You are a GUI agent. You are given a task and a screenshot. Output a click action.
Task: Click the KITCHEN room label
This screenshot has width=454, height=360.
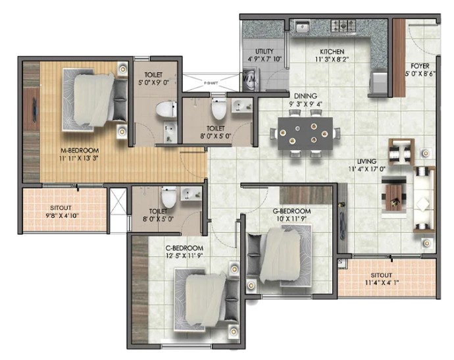332,52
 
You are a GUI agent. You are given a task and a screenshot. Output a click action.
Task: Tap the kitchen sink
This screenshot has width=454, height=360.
303,27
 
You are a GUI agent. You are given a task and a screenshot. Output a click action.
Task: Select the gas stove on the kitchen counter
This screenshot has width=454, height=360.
343,25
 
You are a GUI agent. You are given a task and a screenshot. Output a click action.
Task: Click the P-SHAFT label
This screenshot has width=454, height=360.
211,83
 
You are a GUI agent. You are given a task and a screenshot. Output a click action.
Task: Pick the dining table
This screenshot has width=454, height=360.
305,134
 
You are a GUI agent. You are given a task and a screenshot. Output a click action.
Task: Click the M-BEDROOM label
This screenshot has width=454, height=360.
80,151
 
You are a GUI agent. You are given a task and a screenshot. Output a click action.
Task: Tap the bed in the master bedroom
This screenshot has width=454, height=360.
95,100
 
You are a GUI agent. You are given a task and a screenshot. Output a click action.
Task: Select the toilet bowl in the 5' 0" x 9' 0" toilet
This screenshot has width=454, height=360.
166,109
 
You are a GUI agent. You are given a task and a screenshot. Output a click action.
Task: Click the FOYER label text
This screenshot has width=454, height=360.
420,66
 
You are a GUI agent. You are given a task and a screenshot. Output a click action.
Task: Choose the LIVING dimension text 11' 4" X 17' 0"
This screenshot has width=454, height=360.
367,169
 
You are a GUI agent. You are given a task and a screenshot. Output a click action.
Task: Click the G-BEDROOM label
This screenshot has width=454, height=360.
291,211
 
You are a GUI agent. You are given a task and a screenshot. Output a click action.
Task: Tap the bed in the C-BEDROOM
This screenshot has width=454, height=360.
206,299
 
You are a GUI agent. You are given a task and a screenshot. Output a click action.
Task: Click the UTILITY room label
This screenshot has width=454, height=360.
265,51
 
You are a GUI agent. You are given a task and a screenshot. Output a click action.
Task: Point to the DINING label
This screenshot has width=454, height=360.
305,96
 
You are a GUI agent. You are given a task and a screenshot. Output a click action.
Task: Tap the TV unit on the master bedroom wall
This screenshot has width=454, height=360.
31,109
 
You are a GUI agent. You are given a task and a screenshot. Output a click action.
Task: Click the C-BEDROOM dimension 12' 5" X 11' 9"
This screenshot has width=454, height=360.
184,256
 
